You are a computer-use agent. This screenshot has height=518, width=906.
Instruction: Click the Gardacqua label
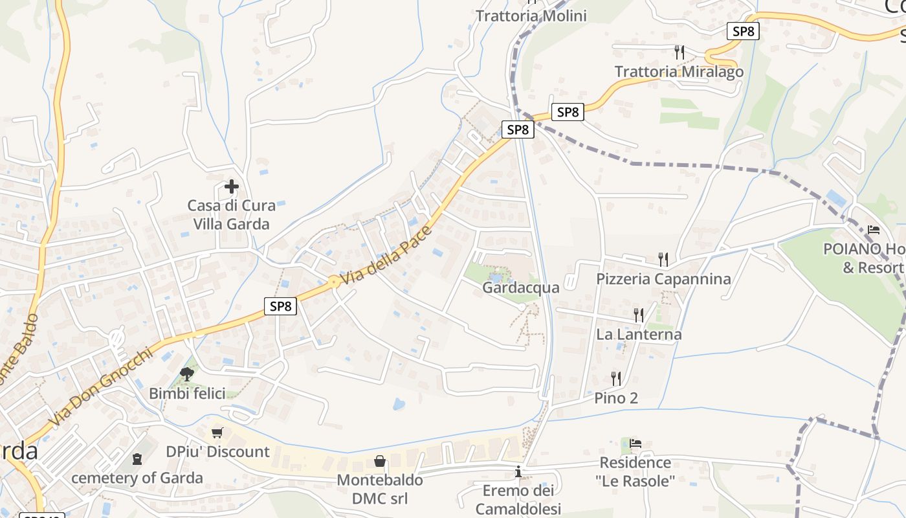[x=520, y=287]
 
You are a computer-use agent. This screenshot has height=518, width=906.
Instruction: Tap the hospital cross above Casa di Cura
[x=231, y=187]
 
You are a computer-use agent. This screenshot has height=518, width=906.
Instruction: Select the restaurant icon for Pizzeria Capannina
[x=663, y=260]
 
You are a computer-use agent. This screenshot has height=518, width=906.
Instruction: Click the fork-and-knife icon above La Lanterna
[x=638, y=315]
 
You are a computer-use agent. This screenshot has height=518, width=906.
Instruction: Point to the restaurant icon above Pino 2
[x=616, y=378]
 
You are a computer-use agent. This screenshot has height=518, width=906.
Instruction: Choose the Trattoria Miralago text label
[x=679, y=72]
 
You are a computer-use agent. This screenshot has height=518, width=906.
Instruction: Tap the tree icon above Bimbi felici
[x=187, y=374]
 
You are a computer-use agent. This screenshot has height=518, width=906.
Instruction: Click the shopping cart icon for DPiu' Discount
[x=217, y=433]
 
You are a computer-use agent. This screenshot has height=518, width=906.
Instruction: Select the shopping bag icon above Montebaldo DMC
[x=380, y=461]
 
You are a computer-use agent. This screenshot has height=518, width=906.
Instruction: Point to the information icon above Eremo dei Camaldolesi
[x=518, y=472]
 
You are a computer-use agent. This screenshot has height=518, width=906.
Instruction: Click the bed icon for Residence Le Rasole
[x=635, y=444]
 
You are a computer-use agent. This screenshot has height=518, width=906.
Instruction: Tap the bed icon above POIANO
[x=873, y=230]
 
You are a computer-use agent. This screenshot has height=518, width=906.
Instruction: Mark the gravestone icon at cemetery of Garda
[x=137, y=459]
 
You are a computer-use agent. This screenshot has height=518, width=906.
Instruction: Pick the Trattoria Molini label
[x=531, y=16]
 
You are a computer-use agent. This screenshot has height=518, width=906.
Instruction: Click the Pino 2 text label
[x=616, y=398]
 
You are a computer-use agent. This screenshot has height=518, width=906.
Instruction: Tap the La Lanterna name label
[x=639, y=335]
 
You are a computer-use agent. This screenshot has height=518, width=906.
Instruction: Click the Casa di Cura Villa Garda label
[x=231, y=215]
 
